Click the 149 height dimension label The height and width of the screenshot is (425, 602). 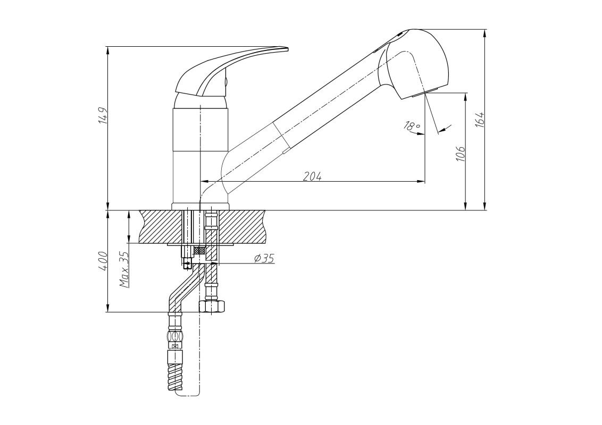(x=103, y=115)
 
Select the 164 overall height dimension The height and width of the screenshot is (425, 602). (x=480, y=120)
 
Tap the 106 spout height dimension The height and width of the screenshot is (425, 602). (x=461, y=153)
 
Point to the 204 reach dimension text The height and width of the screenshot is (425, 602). (x=312, y=176)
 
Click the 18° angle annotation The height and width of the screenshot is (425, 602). (x=412, y=125)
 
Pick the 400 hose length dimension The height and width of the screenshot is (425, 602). (x=103, y=261)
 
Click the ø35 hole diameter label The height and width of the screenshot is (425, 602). (x=264, y=258)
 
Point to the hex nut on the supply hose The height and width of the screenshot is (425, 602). (x=212, y=306)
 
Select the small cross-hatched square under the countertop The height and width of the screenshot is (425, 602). (x=199, y=250)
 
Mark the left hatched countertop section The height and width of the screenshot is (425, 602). (x=161, y=226)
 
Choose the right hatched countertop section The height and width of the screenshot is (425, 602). (x=242, y=226)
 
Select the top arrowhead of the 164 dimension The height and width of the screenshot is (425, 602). (x=486, y=33)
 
